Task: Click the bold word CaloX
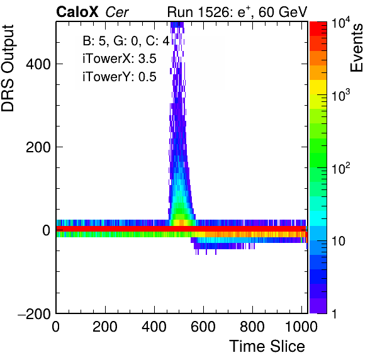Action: (77, 12)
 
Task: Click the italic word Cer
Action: (117, 13)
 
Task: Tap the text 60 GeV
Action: (283, 12)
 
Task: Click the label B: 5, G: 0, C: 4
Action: (126, 41)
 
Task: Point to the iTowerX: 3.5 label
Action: (120, 59)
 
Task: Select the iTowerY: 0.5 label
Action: (120, 77)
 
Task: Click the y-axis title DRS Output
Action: (8, 68)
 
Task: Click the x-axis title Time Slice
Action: (267, 346)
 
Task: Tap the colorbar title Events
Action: (357, 48)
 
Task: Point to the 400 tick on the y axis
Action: (38, 64)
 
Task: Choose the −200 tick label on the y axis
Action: (34, 313)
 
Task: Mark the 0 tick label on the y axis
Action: (47, 230)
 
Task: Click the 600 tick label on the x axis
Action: (203, 327)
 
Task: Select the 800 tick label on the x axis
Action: (252, 327)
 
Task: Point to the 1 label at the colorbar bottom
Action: (335, 313)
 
